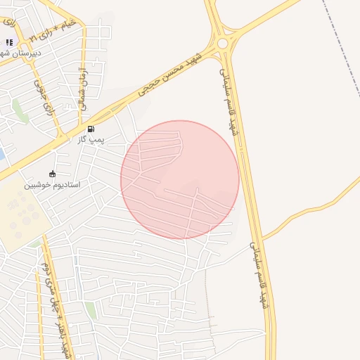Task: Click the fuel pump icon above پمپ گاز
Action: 91,129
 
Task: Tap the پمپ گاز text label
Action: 91,140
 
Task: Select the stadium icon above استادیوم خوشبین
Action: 52,174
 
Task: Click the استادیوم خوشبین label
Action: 53,185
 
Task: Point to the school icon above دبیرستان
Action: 9,42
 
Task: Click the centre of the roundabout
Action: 222,44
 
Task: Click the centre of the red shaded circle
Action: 180,179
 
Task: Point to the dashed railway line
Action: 345,49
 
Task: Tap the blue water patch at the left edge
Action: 1,153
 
